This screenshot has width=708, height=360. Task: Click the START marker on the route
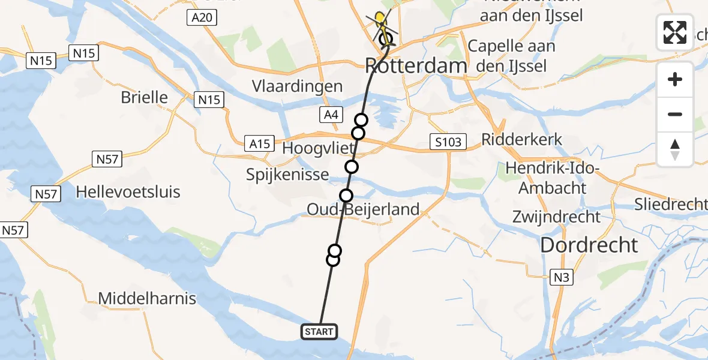coord(319,331)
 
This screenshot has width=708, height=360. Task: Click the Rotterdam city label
coord(416,65)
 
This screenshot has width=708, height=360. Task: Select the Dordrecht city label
coord(589,244)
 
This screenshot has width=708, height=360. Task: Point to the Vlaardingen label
coord(298,86)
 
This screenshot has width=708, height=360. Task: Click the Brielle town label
coord(144,97)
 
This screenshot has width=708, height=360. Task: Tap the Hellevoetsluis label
coord(128,192)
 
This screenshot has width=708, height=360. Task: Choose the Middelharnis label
coord(147,298)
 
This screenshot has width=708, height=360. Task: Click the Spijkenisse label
coord(287,175)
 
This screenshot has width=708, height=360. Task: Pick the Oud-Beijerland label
coord(362,209)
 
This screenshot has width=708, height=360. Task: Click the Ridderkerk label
coord(522,140)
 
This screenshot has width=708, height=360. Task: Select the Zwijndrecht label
coord(556,216)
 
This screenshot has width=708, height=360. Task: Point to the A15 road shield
coord(259,144)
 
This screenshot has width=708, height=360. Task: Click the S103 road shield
coord(448,142)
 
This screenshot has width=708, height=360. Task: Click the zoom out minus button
coord(675,115)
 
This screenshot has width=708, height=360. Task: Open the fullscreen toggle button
coord(675,32)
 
